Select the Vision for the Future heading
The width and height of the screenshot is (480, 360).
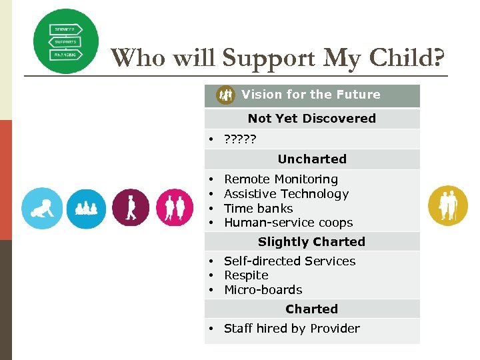311,95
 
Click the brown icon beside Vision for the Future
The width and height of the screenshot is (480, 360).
226,95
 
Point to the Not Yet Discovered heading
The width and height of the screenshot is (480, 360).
311,119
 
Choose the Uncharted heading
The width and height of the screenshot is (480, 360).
312,159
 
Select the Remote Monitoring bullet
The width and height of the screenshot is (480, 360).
281,179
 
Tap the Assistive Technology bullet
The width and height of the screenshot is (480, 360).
286,194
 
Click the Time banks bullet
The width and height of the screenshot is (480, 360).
258,209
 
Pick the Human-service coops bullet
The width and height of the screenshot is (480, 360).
288,223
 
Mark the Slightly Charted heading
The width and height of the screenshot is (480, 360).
311,242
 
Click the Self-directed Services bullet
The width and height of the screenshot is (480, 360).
289,261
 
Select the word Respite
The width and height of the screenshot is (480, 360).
246,275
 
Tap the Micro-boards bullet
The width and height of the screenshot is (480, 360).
263,290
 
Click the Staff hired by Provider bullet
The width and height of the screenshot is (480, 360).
291,329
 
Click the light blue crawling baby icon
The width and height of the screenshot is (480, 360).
42,208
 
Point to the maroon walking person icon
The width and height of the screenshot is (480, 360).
131,208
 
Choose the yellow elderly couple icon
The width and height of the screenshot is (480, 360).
448,205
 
